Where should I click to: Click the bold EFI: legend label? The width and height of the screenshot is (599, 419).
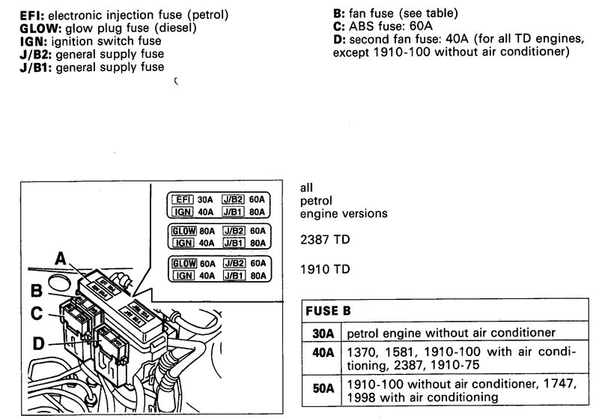(x=32, y=15)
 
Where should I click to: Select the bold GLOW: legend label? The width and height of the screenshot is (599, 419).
(x=40, y=28)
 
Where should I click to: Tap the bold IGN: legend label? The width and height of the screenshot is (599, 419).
(x=33, y=41)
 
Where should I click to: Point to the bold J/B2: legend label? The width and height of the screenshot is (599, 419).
(x=35, y=54)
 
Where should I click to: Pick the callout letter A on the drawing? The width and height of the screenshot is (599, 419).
(x=61, y=259)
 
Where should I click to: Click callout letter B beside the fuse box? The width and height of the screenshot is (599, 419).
(x=36, y=291)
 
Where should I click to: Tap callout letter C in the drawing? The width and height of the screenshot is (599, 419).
(x=36, y=314)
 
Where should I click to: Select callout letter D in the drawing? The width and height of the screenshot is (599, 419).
(x=38, y=344)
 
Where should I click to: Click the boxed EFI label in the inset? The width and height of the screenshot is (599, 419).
(x=183, y=199)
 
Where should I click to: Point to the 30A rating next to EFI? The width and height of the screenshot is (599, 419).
(x=205, y=199)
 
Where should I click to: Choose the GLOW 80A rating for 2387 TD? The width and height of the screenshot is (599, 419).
(x=207, y=232)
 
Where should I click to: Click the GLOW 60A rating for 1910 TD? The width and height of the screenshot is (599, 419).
(x=207, y=264)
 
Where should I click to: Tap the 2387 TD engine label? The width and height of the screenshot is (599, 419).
(x=325, y=240)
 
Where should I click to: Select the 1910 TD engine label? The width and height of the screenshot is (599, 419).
(x=325, y=269)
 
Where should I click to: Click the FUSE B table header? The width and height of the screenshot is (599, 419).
(x=328, y=311)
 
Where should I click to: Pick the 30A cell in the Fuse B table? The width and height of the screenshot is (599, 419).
(x=323, y=334)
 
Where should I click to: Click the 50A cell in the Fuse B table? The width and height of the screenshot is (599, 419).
(x=323, y=388)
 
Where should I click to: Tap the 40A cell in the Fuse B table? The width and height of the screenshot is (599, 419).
(x=323, y=352)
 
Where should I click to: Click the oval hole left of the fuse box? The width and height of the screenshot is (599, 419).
(x=60, y=283)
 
